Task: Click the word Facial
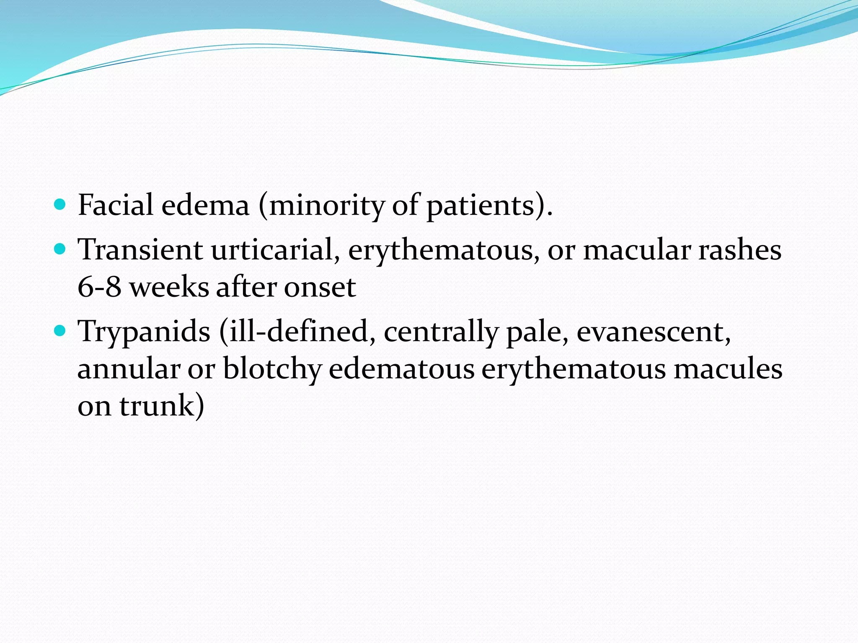pyautogui.click(x=115, y=205)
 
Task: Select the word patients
pyautogui.click(x=482, y=206)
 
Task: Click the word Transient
pyautogui.click(x=140, y=250)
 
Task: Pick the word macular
pyautogui.click(x=636, y=250)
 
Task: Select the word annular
pyautogui.click(x=129, y=369)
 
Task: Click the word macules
pyautogui.click(x=728, y=369)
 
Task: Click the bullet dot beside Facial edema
pyautogui.click(x=60, y=204)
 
